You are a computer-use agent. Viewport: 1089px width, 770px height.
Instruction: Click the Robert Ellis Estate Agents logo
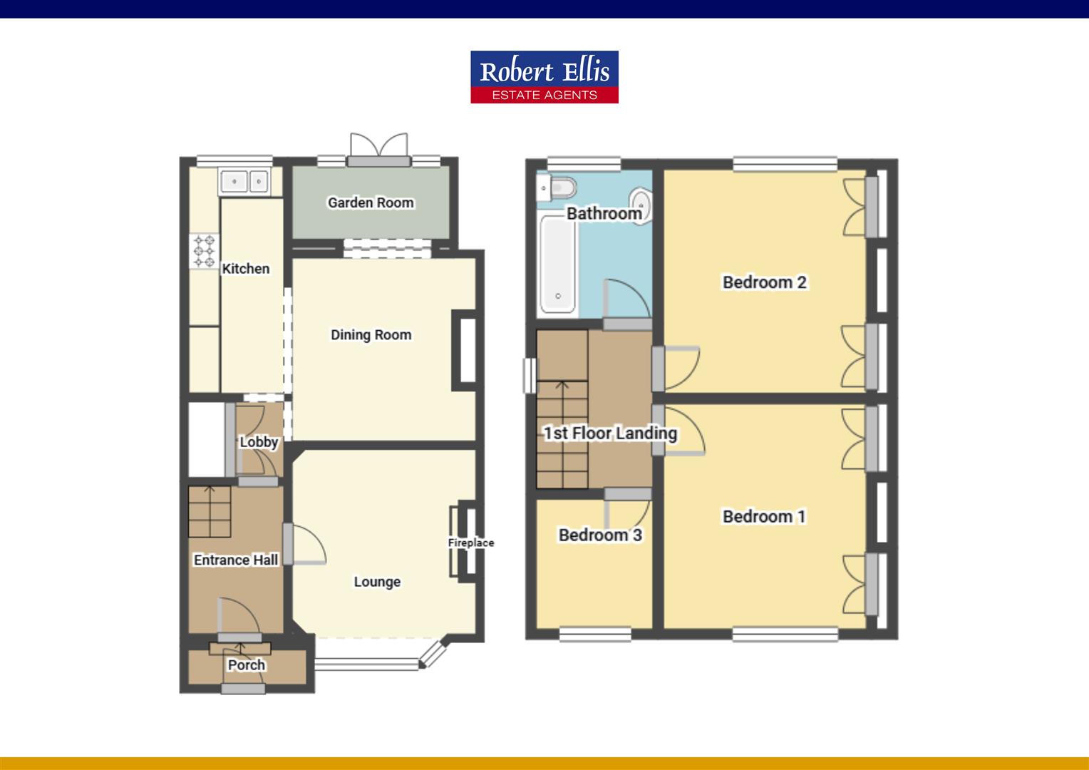544,77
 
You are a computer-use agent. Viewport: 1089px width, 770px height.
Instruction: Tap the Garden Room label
371,202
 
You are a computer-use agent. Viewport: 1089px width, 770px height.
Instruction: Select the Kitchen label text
246,269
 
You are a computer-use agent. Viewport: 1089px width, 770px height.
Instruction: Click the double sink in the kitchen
244,182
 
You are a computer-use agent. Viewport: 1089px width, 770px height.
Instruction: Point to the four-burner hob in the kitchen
204,252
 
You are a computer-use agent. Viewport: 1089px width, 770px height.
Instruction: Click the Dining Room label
371,334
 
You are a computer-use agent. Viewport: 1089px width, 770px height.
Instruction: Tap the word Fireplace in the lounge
470,543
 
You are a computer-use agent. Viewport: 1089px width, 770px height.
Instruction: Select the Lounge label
377,582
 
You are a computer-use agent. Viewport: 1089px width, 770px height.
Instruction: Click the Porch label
247,665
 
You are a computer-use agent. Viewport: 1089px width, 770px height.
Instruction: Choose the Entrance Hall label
236,560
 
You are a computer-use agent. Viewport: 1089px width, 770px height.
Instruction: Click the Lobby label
259,442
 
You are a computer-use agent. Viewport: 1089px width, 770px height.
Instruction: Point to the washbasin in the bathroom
641,203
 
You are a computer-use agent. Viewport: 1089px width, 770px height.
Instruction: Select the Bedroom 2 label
764,282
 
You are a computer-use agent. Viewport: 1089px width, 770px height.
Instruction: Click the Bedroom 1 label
764,516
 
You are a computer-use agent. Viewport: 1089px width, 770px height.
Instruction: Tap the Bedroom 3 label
600,535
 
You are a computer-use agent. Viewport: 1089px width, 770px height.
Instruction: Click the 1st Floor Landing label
610,433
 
